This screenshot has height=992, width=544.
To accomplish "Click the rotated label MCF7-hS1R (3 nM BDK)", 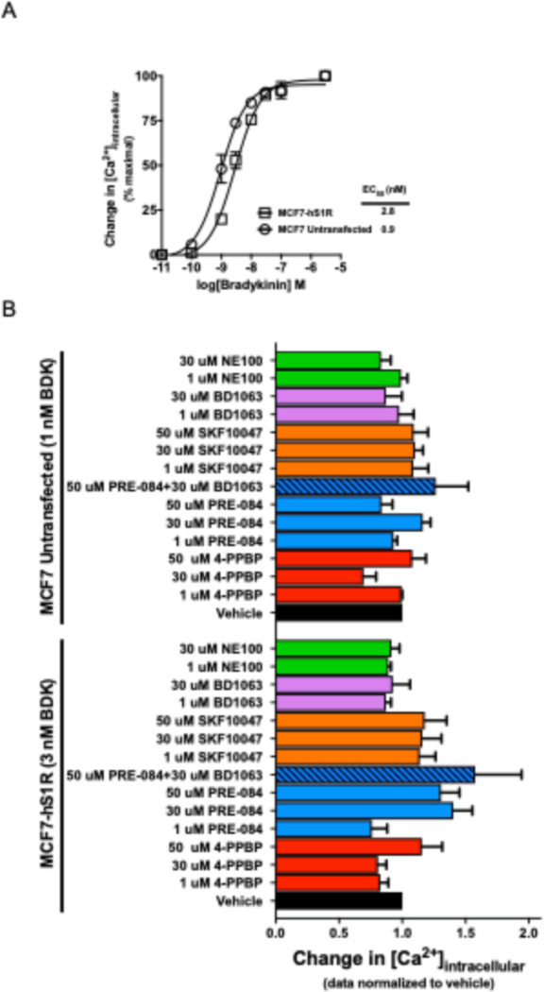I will (x=46, y=775).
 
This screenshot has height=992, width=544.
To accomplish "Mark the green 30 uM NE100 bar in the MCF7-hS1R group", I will (x=332, y=647).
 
